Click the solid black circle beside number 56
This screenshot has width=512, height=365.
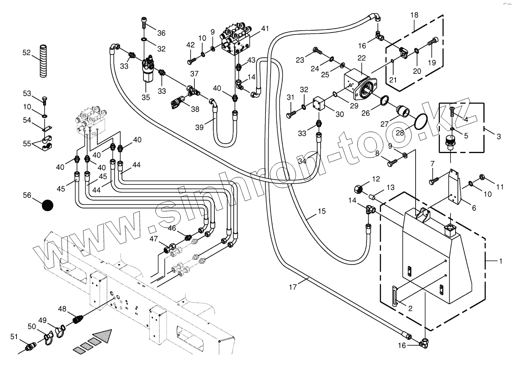(48, 205)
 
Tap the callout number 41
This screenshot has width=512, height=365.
(265, 28)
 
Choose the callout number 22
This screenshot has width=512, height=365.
(361, 58)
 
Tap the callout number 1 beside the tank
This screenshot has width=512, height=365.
(500, 261)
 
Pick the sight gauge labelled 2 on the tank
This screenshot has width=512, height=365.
(395, 295)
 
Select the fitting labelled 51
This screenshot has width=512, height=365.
(30, 347)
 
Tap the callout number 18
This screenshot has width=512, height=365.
(414, 15)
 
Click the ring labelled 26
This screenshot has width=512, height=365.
(384, 101)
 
